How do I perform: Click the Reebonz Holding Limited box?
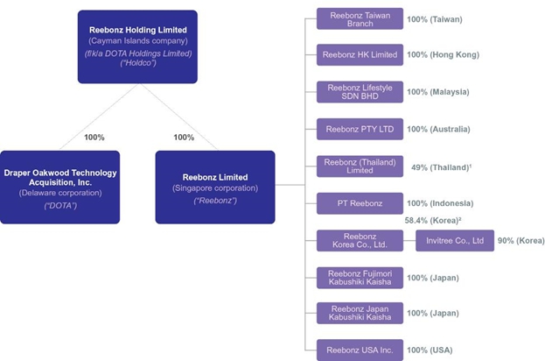(x=137, y=46)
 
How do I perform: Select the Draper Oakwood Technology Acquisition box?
(x=60, y=187)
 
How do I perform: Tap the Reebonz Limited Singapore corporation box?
(x=215, y=187)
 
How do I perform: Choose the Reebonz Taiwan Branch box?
(x=360, y=19)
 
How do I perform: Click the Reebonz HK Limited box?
(x=360, y=55)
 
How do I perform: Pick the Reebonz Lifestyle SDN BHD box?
(x=360, y=92)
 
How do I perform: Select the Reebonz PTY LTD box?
(x=360, y=129)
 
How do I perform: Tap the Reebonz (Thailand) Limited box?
(x=360, y=166)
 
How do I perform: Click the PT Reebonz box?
(x=360, y=203)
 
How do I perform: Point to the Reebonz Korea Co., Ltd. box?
(x=360, y=240)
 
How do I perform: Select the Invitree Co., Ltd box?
(x=454, y=240)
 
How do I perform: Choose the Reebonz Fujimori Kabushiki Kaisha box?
(x=360, y=277)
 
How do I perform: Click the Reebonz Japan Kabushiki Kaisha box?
(x=360, y=313)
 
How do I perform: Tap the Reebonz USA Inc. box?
(x=360, y=350)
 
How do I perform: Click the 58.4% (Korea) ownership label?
(x=434, y=221)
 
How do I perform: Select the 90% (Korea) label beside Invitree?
(x=521, y=240)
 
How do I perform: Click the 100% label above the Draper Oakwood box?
(x=94, y=137)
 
